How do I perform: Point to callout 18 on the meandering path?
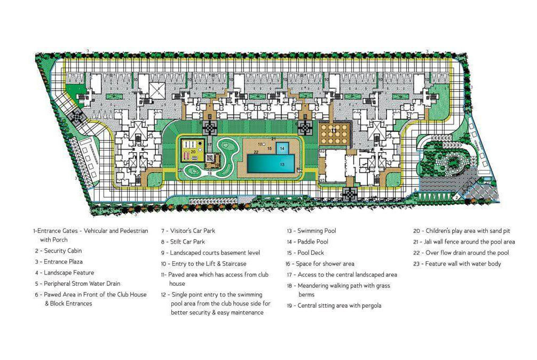210,174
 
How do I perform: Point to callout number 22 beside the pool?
256,152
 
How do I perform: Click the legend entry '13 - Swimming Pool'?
311,231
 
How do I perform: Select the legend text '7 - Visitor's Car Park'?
188,231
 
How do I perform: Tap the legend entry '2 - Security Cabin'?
59,251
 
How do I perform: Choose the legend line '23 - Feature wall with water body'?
457,263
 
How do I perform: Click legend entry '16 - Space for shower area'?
320,263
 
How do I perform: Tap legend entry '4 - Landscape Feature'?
63,273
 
